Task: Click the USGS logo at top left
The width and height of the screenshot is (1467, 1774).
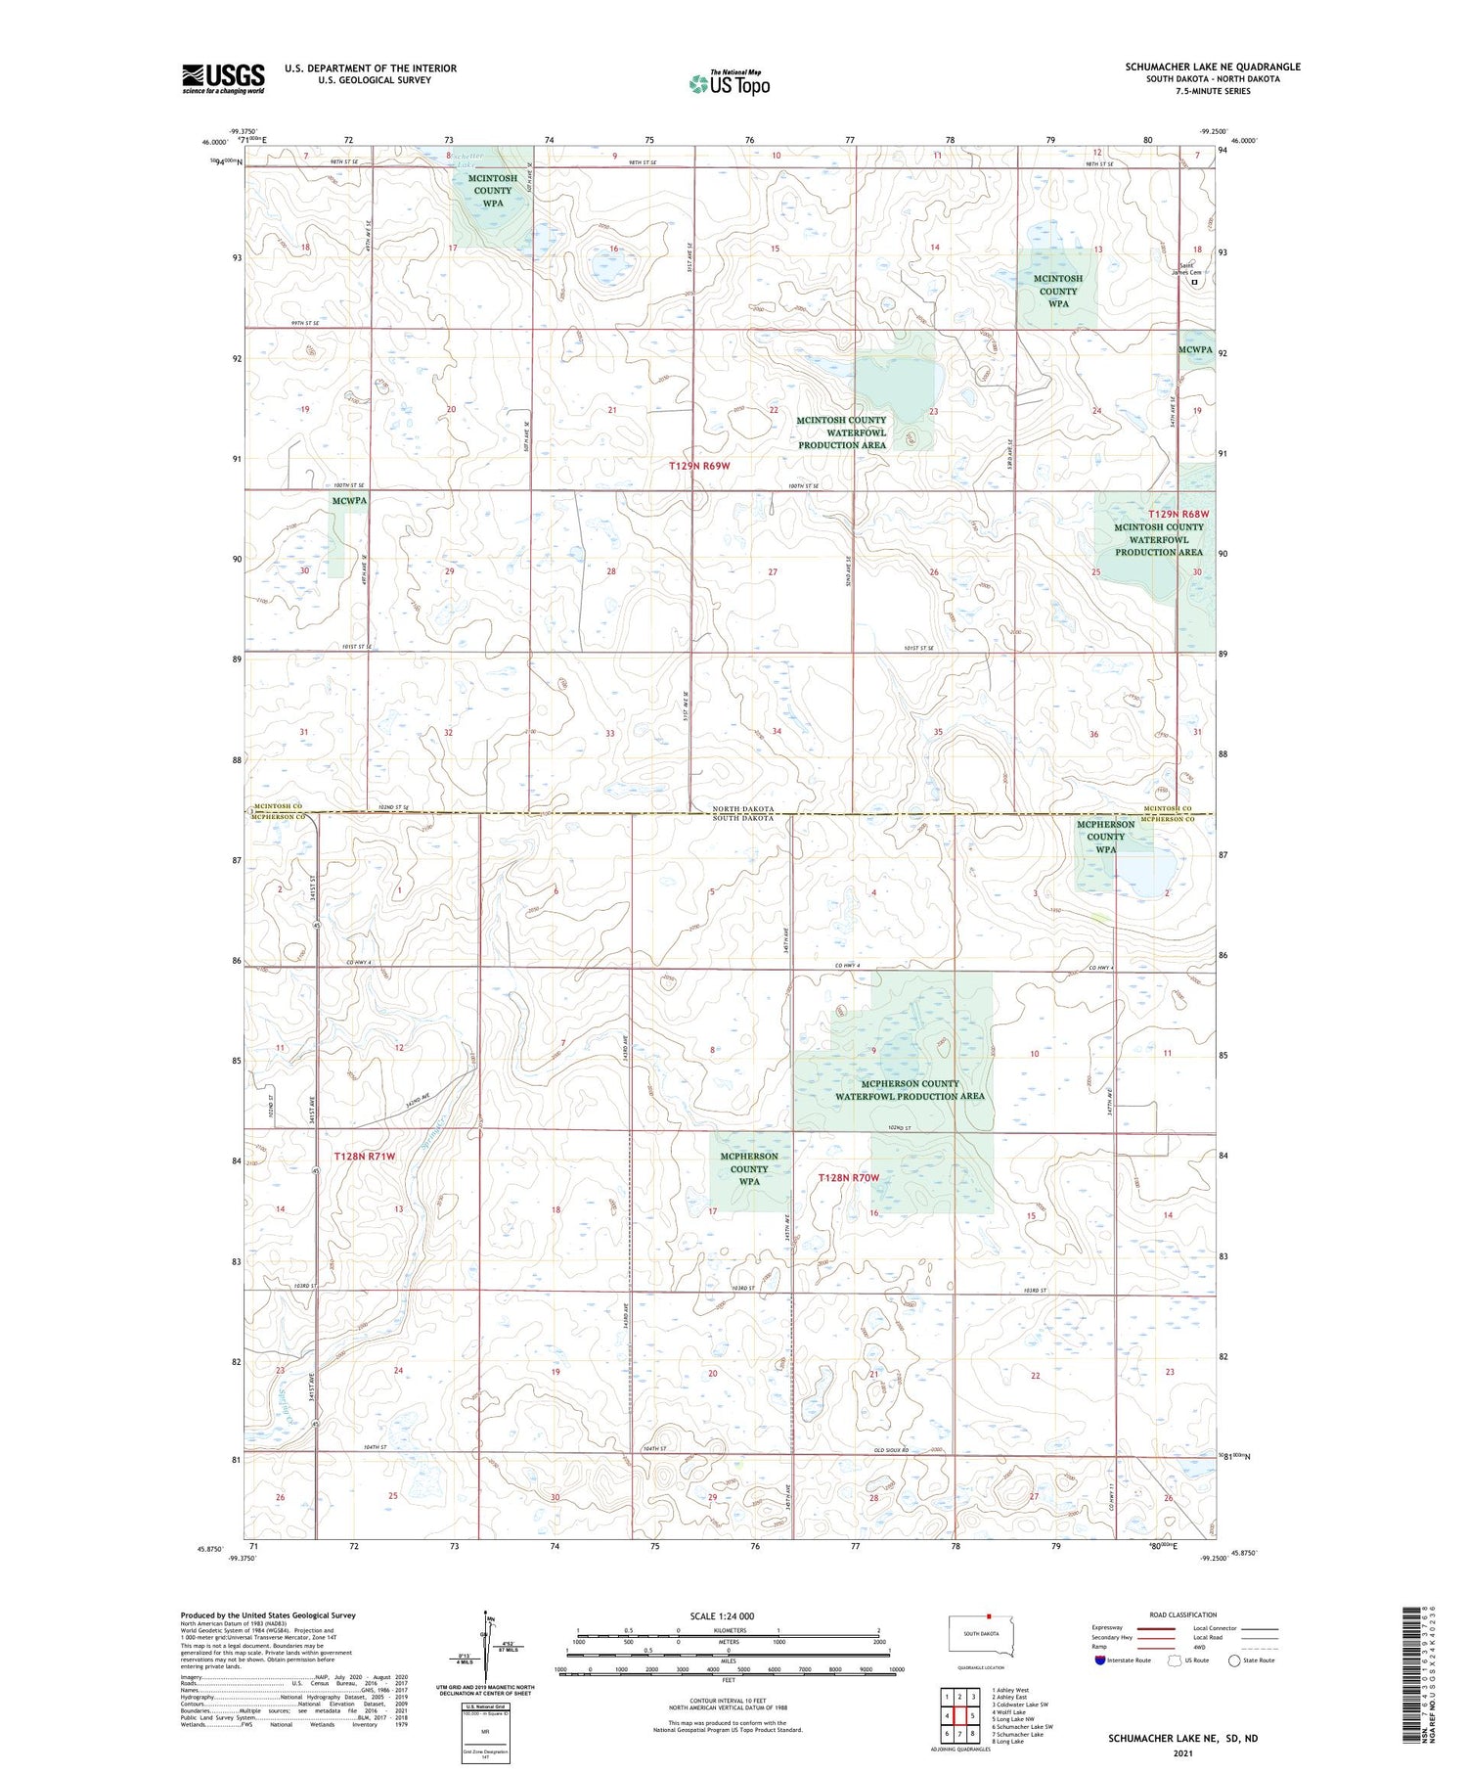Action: click(223, 78)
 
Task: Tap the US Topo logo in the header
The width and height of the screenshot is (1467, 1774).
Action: click(730, 84)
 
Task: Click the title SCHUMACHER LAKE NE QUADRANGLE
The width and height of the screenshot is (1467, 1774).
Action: click(1213, 67)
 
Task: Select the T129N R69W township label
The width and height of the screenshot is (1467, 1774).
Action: click(700, 466)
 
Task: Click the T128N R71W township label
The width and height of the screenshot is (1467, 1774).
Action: click(365, 1157)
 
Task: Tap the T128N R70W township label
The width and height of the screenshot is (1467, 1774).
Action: click(849, 1178)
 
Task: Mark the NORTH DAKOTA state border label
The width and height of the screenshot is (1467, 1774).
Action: click(742, 809)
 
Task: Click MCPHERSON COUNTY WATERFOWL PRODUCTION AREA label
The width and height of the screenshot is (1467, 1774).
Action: click(910, 1090)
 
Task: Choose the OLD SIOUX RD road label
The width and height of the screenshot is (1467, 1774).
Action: click(891, 1449)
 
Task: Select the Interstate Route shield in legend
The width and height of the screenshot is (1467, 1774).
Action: click(1100, 1660)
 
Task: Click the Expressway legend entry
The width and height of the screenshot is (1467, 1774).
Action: click(1111, 1628)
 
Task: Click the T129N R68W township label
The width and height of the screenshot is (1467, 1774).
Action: click(1178, 514)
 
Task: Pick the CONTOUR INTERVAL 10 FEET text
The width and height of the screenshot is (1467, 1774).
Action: click(728, 1702)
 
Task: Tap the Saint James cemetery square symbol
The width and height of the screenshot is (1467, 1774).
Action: click(1194, 282)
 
